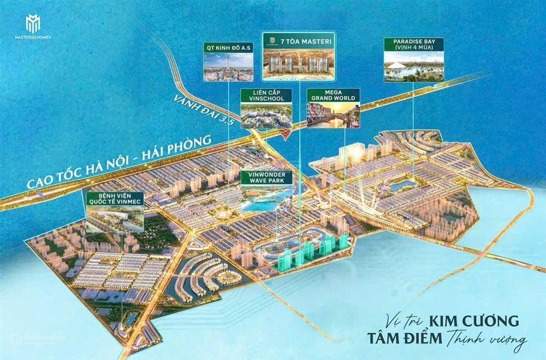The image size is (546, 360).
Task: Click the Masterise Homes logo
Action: point(38,27)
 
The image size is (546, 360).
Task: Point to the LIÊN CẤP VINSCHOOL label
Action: point(266,95)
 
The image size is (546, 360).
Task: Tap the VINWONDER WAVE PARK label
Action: point(267,178)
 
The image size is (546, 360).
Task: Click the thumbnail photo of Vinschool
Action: point(266,116)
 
